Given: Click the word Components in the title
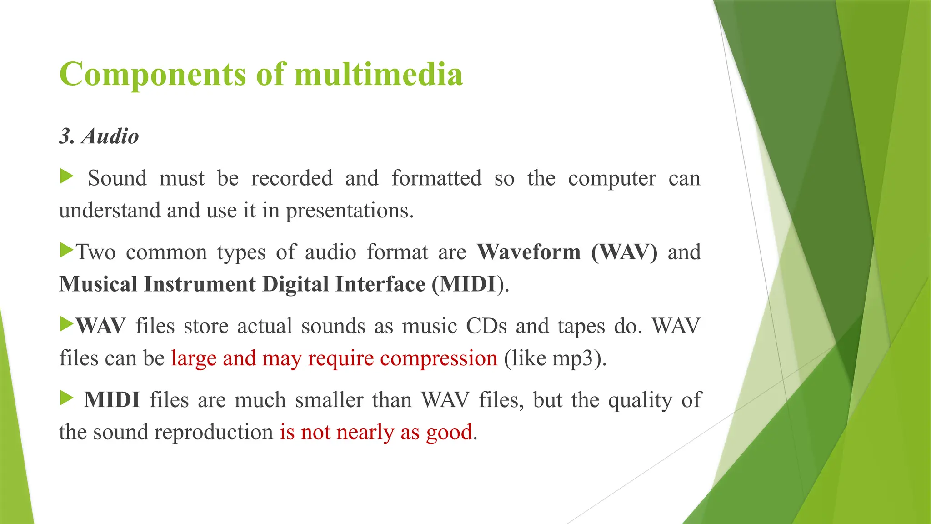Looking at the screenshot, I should pos(153,74).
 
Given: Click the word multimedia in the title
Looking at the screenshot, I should pos(378,74).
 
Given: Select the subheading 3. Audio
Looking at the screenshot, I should pos(99,136).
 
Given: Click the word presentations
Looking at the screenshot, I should pos(349,211).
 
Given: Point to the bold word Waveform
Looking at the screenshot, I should pos(529,252).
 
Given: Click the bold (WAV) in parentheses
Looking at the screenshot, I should pos(624,252).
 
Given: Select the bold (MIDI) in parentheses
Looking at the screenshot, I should pos(468,284).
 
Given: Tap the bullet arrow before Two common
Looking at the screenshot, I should pos(66,250).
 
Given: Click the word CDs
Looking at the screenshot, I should pos(486,326).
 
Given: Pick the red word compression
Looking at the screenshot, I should pos(439,358).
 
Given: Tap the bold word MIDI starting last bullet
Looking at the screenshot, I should pos(112,400).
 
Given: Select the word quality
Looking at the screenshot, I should pos(640,400).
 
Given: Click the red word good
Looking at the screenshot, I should pos(449,432).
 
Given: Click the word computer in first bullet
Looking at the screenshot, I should pos(611,178).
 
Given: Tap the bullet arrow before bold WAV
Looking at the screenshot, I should pos(66,324).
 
